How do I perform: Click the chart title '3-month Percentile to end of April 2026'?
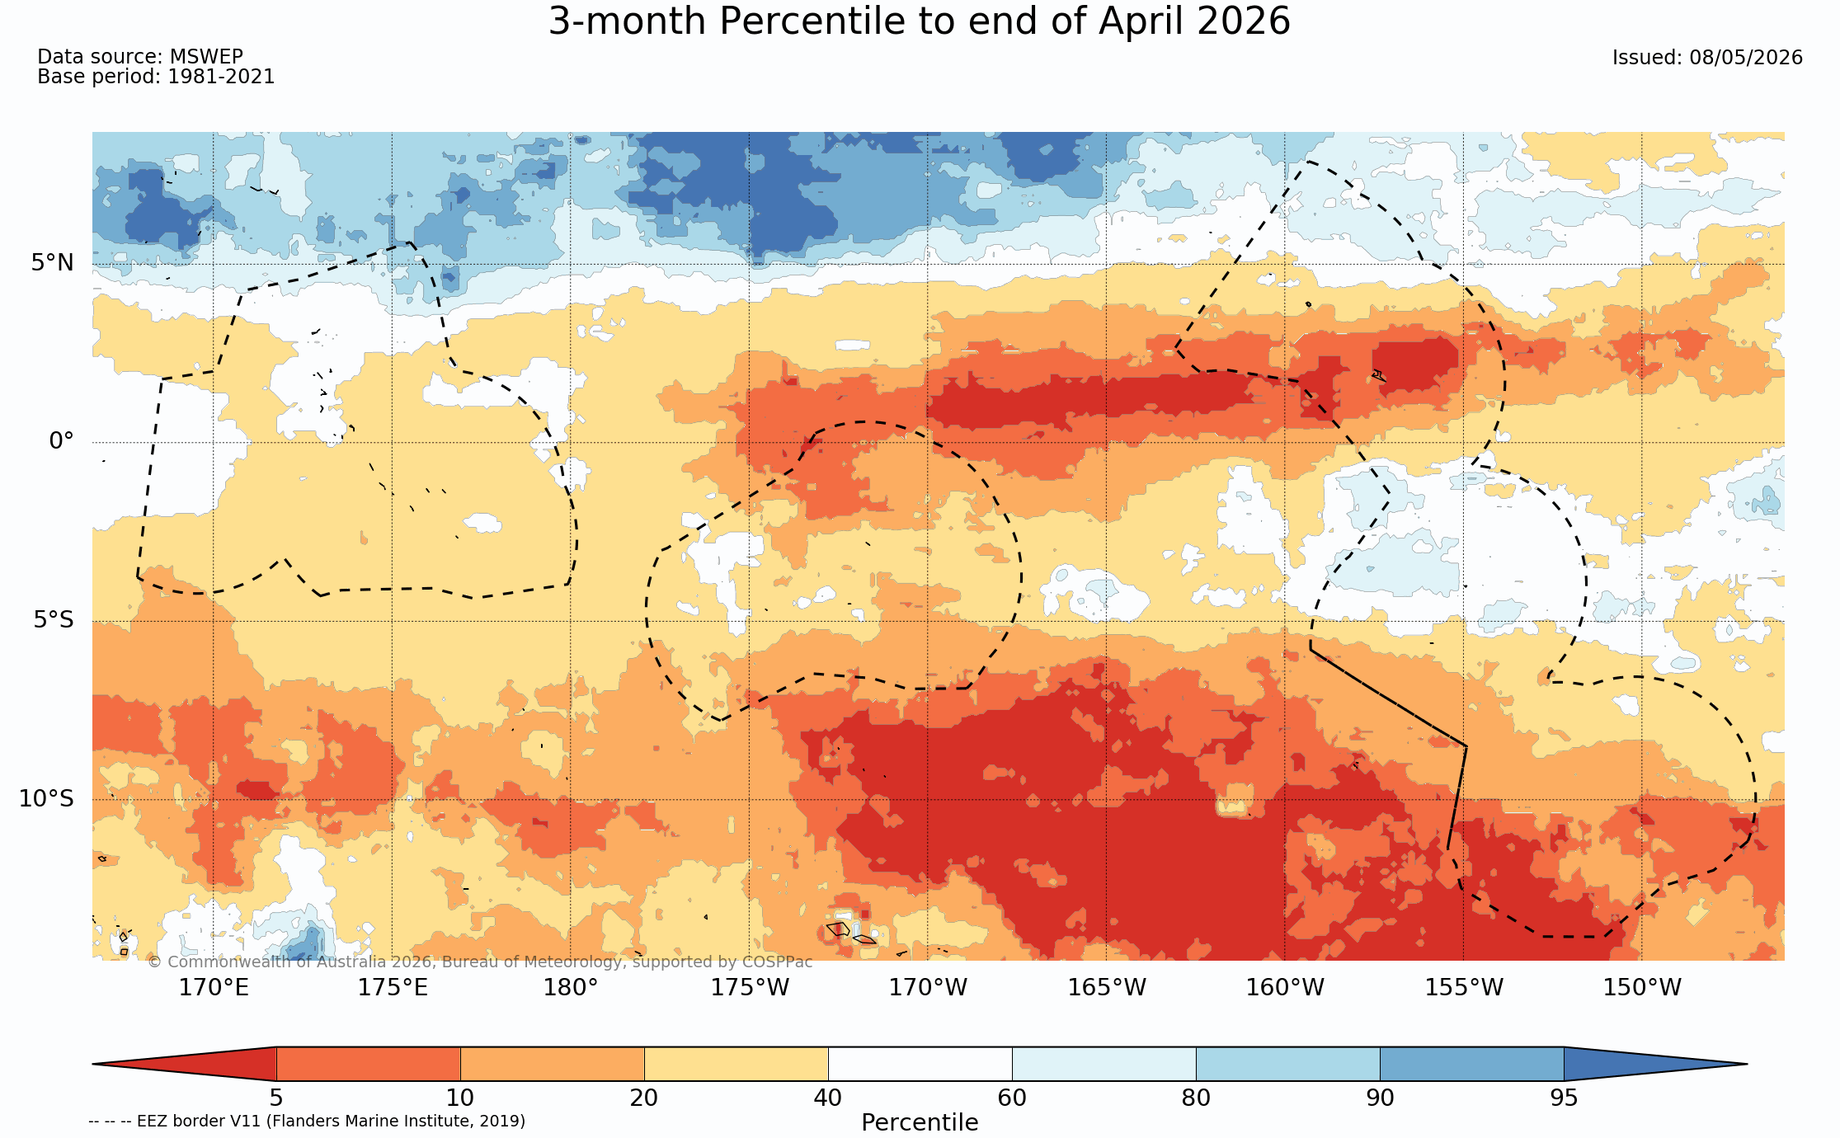919,21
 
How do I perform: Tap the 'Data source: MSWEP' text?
140,57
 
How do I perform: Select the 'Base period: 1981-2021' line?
156,77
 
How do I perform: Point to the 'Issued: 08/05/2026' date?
1707,58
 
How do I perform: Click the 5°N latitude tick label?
53,263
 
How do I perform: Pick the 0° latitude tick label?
61,441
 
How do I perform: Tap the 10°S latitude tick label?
46,798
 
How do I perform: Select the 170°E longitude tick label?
214,987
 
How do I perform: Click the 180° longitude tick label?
571,987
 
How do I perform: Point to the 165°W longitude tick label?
1107,987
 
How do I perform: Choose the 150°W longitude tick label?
1642,987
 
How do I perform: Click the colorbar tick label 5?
276,1098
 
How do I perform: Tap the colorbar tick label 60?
1012,1098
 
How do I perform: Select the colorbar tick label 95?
1564,1098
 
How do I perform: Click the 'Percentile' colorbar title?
920,1122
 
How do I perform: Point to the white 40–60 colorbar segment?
920,1064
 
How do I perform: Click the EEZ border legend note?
307,1121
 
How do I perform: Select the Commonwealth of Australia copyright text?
480,962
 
